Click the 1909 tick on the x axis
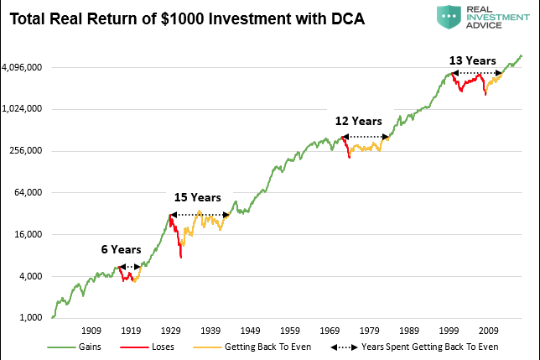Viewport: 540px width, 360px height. (91, 330)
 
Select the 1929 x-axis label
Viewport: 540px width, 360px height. (171, 330)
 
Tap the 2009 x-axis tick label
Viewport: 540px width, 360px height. (491, 330)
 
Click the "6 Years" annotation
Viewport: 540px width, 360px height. (116, 250)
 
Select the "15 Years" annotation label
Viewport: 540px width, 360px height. (197, 198)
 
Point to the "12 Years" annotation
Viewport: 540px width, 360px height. (359, 121)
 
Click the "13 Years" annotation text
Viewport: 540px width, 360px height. (473, 60)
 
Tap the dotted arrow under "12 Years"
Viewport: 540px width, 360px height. (365, 136)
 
